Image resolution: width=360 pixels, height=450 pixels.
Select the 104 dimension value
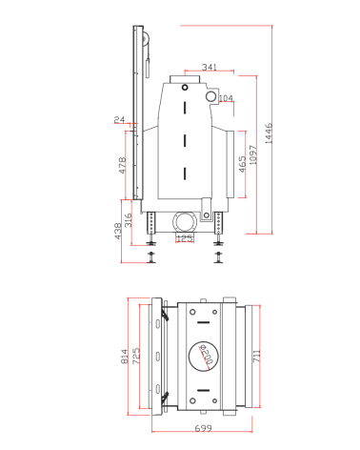[226, 98]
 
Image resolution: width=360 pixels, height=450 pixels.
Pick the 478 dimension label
[122, 165]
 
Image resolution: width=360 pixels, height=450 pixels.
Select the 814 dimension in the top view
[125, 357]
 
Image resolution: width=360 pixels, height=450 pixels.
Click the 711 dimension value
[257, 357]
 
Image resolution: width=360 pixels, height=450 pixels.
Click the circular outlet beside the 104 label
[210, 96]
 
